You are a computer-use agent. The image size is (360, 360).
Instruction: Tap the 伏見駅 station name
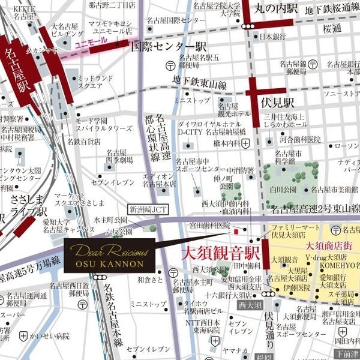[279, 103]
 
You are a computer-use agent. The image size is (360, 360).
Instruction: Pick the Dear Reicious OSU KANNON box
[109, 256]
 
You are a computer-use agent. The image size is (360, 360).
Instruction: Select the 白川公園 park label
[284, 190]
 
